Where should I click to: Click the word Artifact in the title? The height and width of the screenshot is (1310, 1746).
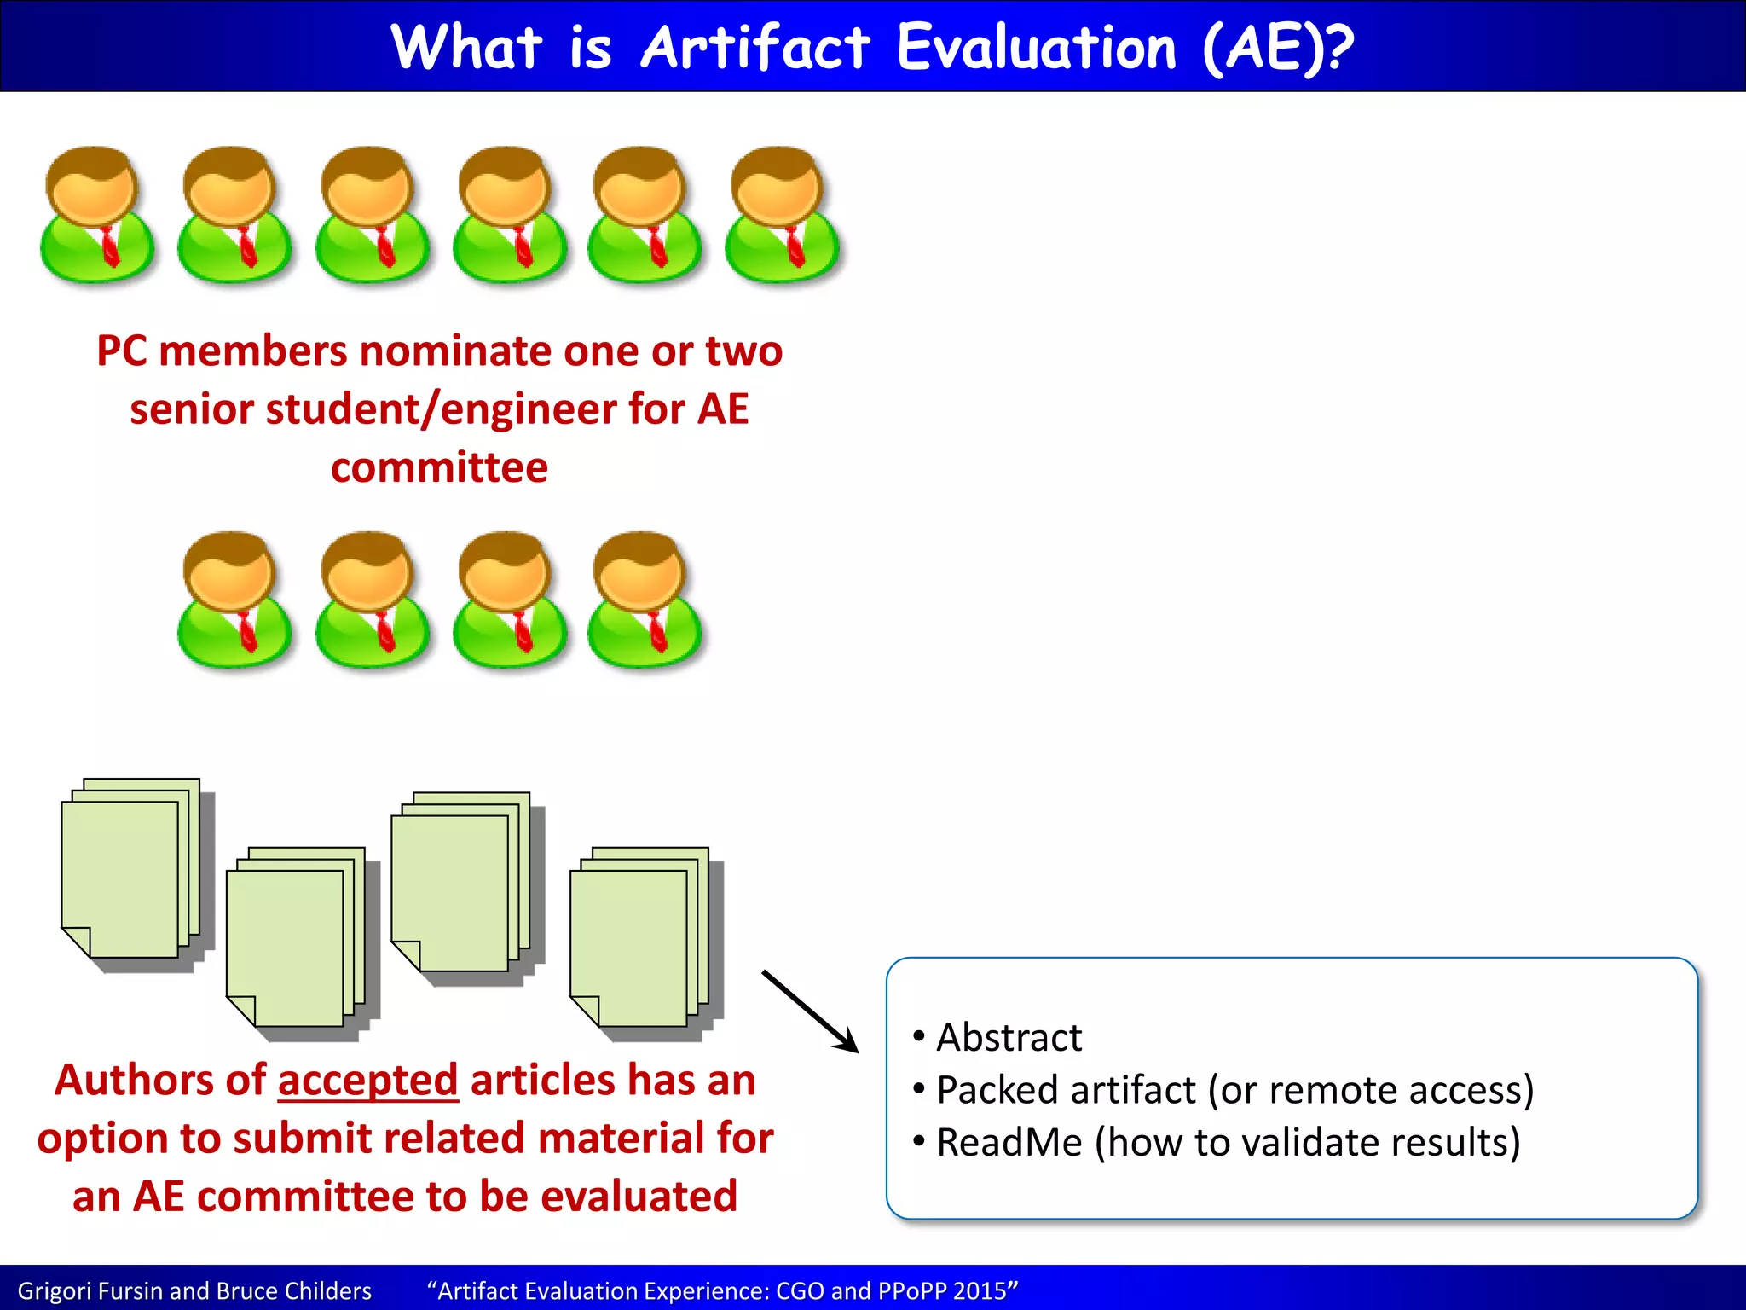[x=755, y=48]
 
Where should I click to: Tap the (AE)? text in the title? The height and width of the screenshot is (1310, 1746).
[x=1276, y=48]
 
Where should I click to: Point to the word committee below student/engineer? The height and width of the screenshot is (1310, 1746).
[x=439, y=467]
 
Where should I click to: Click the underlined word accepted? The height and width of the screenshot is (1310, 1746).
[x=367, y=1081]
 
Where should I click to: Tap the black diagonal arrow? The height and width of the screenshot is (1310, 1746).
[x=810, y=1011]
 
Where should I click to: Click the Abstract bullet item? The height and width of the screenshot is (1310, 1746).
[x=1009, y=1038]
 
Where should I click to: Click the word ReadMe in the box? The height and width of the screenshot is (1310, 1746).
[x=1009, y=1143]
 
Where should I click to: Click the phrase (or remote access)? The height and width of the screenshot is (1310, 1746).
[x=1371, y=1090]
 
